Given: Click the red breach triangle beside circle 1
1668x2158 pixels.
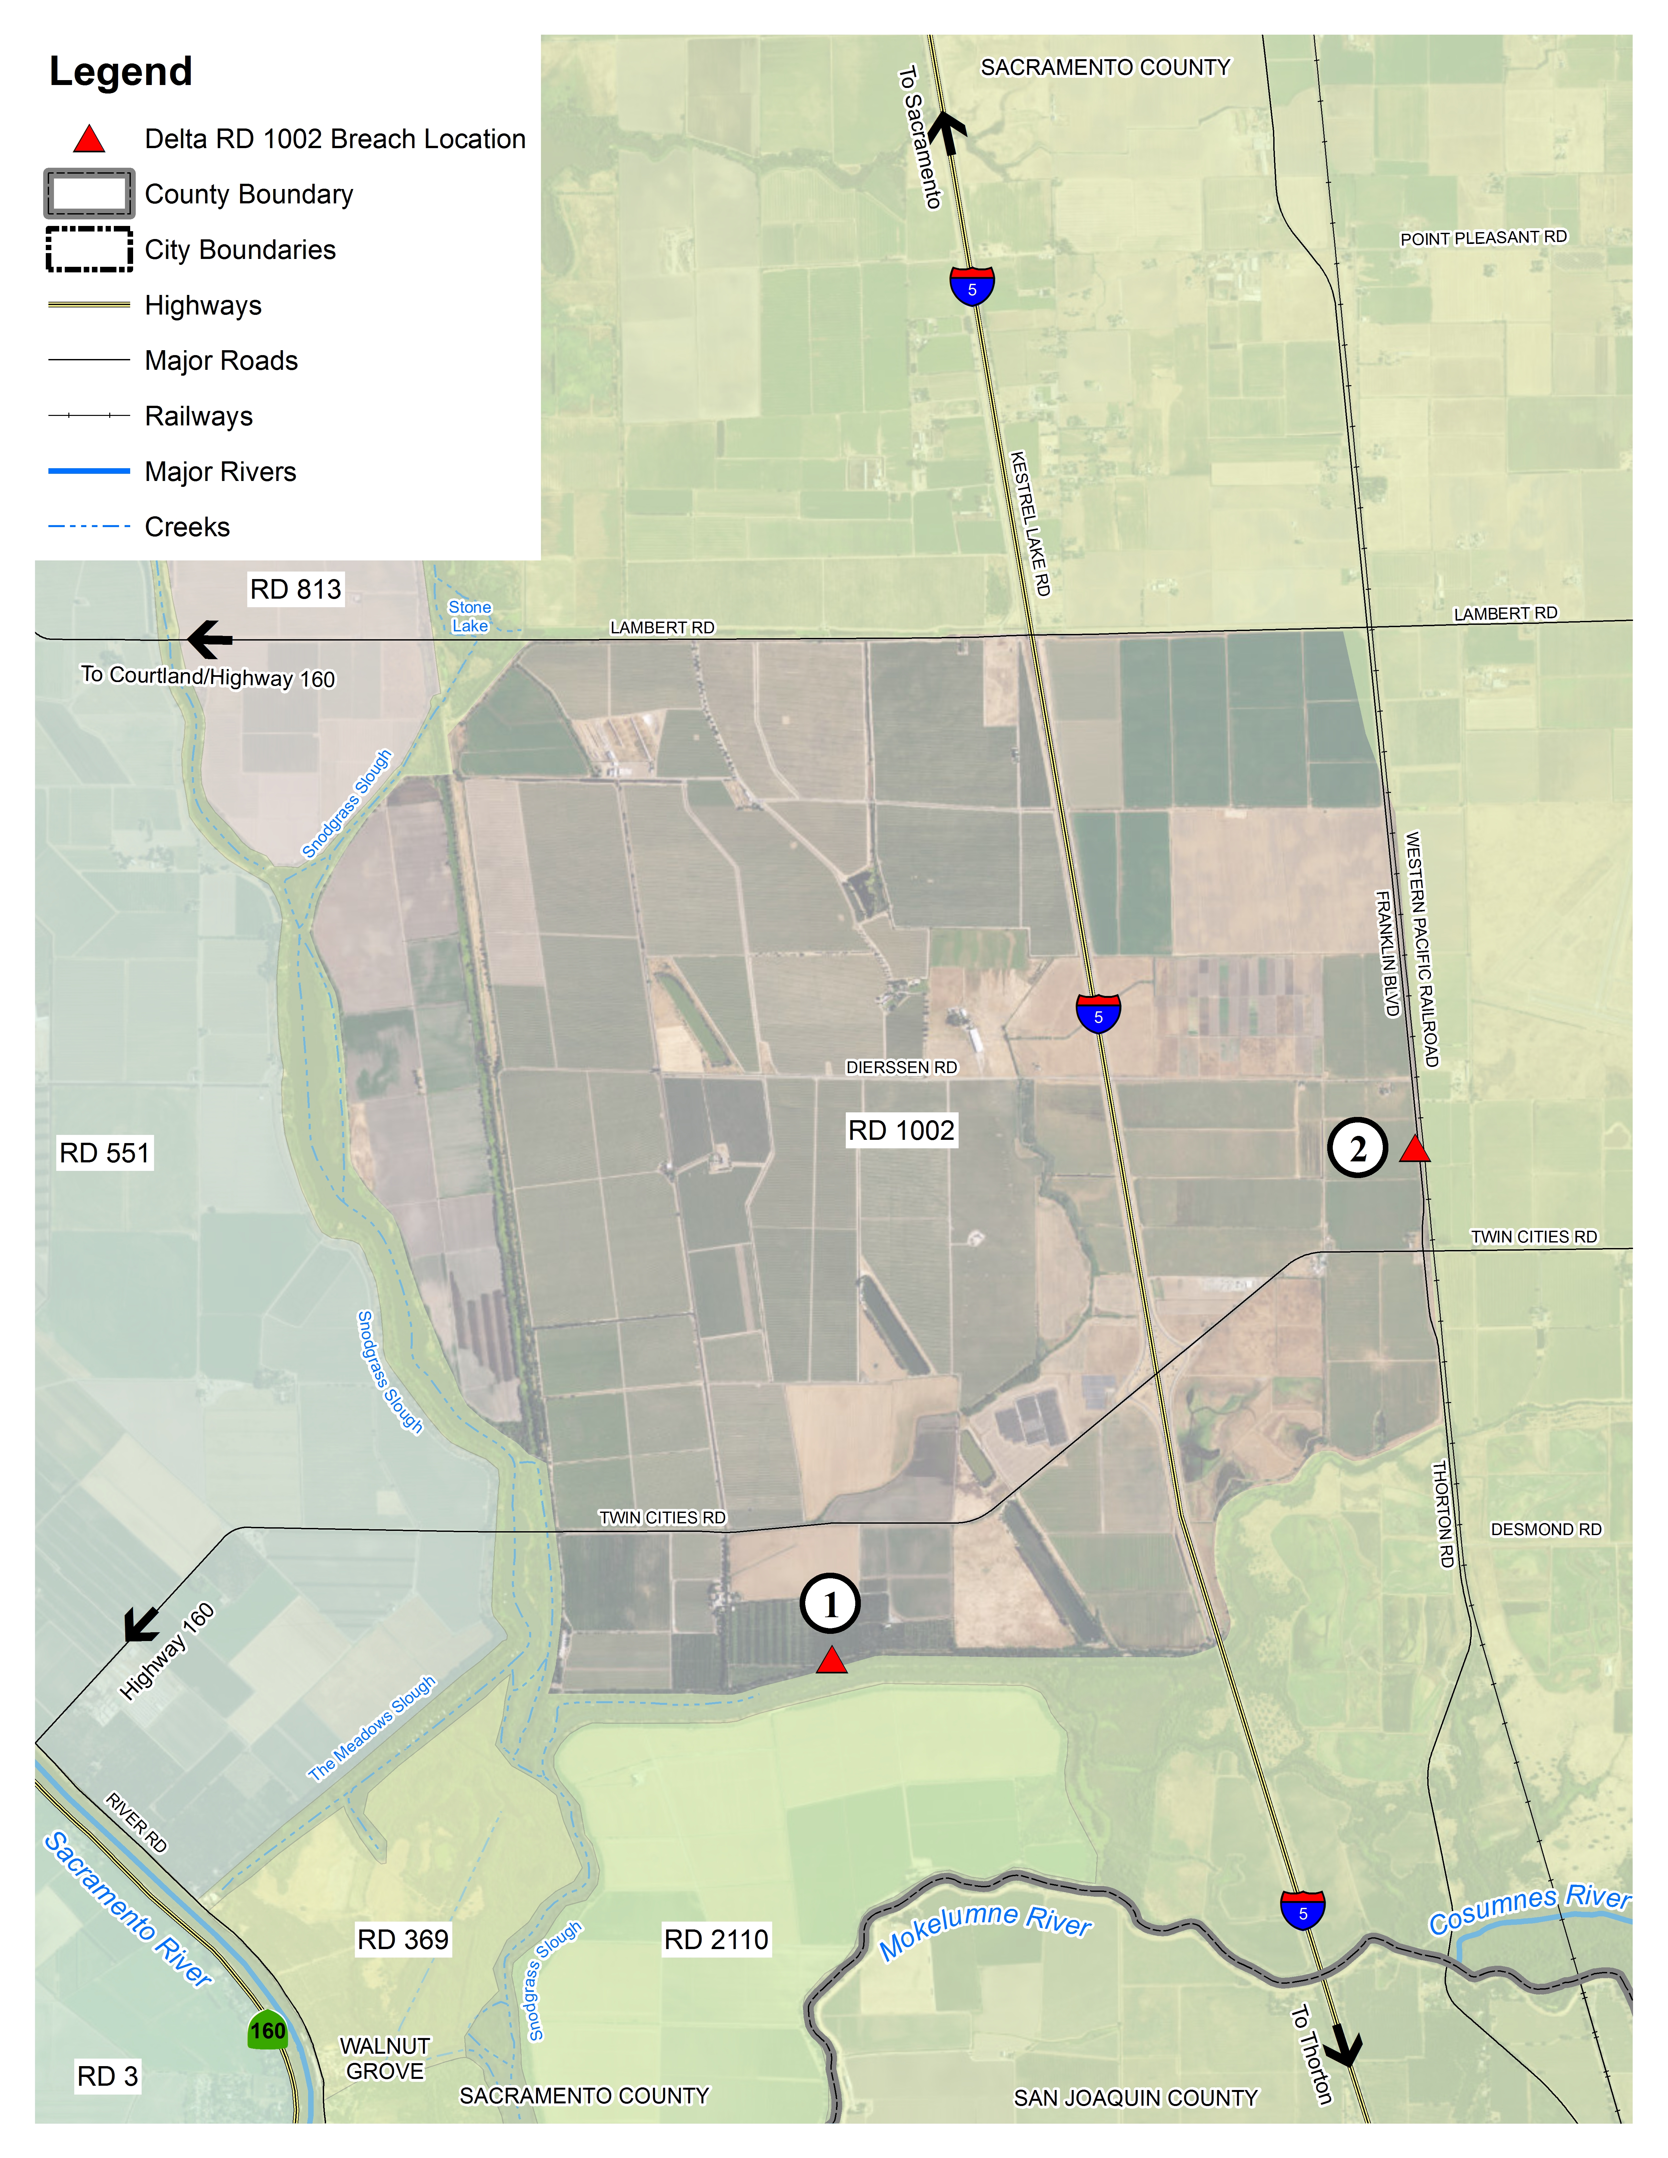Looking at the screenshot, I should click(x=831, y=1661).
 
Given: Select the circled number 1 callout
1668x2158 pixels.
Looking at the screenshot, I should click(x=830, y=1604).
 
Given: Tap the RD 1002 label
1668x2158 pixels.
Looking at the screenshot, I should click(x=901, y=1130).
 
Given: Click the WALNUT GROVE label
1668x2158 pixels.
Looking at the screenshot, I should click(x=385, y=2058).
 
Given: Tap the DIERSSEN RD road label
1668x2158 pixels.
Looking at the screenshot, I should click(x=901, y=1067).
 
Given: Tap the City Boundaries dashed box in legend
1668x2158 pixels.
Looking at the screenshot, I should click(x=89, y=249).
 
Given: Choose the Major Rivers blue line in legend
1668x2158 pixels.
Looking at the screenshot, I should click(x=89, y=471).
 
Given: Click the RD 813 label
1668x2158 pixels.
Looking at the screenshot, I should click(x=295, y=590).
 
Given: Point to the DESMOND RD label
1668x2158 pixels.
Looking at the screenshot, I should click(x=1545, y=1530).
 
